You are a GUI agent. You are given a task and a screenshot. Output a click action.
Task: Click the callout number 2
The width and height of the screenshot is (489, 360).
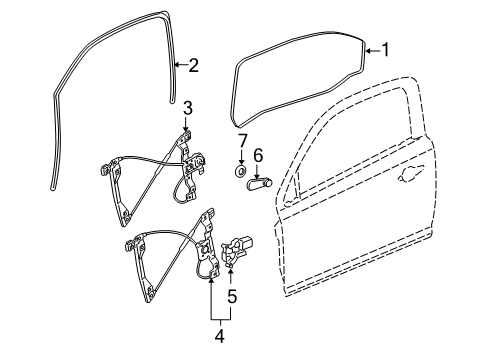point(193,66)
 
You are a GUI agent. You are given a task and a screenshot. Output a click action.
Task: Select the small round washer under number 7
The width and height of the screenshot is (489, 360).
point(241,171)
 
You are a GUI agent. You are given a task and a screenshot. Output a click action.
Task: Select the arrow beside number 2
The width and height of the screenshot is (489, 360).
point(181,66)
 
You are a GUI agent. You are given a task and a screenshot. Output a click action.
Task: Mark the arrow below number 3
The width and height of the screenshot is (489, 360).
point(186,123)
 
